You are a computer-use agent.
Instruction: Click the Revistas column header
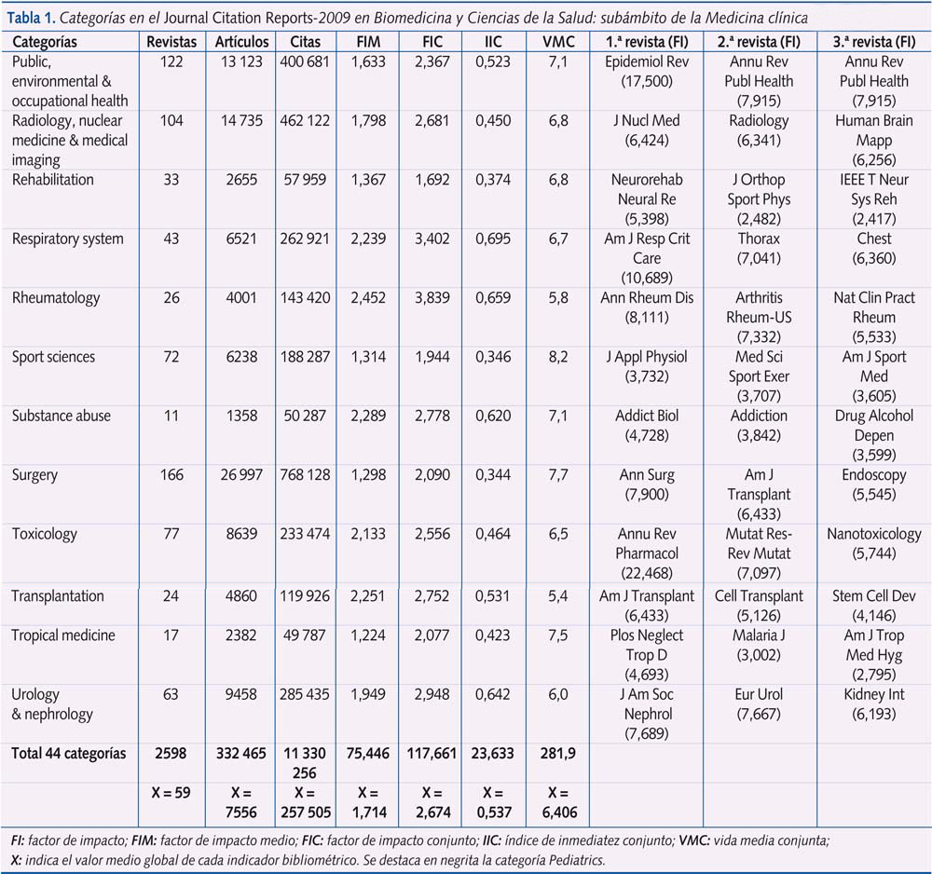tap(171, 42)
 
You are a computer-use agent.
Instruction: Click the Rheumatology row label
tap(48, 298)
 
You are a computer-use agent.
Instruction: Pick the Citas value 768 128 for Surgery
tap(305, 475)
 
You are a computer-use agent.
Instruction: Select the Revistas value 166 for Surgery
tap(171, 475)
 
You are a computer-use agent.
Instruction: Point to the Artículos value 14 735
tap(240, 120)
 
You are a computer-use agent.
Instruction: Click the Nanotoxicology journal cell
tap(874, 534)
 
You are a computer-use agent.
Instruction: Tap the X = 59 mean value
tap(171, 793)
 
